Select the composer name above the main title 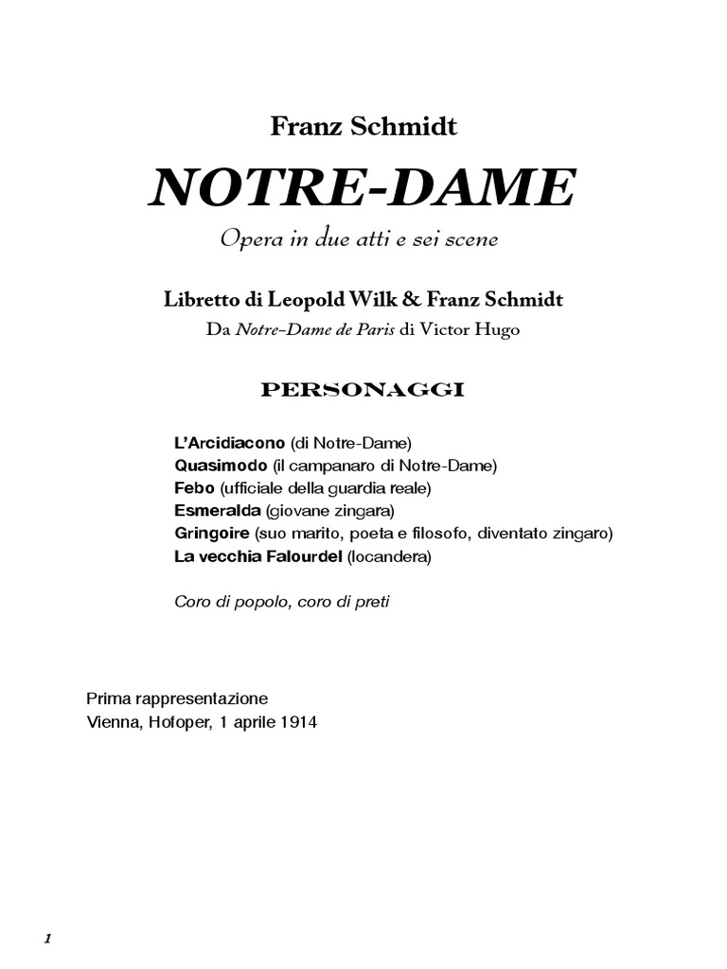point(363,127)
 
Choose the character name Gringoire point(211,534)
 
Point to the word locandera point(388,557)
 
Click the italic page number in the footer point(46,912)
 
